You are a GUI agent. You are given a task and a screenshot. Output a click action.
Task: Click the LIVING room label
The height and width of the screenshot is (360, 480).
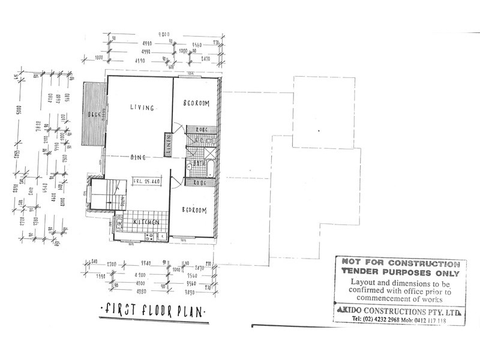(142, 108)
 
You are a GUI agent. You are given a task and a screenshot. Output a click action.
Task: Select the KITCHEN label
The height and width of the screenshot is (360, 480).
(146, 223)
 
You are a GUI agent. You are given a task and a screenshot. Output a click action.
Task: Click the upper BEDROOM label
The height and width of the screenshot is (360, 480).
(196, 104)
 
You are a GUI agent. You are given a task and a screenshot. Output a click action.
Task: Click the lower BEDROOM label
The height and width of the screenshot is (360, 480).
(194, 210)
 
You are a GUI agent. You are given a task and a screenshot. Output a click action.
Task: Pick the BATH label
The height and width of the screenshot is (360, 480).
(199, 163)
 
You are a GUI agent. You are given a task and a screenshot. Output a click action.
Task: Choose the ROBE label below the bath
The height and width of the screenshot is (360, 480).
(198, 182)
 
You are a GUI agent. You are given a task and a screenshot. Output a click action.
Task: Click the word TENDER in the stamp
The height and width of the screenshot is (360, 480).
(359, 272)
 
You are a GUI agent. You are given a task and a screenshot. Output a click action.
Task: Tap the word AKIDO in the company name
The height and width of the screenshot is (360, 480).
(363, 311)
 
